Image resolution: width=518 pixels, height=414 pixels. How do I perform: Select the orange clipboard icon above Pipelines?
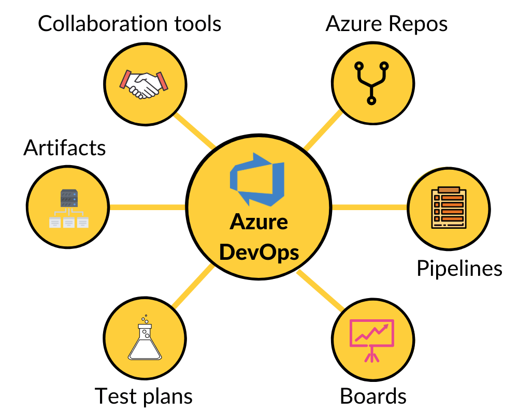point(449,207)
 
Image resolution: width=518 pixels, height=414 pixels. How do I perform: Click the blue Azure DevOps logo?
point(258,179)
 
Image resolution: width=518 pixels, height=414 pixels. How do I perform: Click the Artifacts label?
point(65,148)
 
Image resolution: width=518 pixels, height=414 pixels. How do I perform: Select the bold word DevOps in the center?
point(258,253)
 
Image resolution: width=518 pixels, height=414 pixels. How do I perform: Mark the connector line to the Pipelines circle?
point(369,207)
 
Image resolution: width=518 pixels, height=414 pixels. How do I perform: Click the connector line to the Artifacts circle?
point(148,207)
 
